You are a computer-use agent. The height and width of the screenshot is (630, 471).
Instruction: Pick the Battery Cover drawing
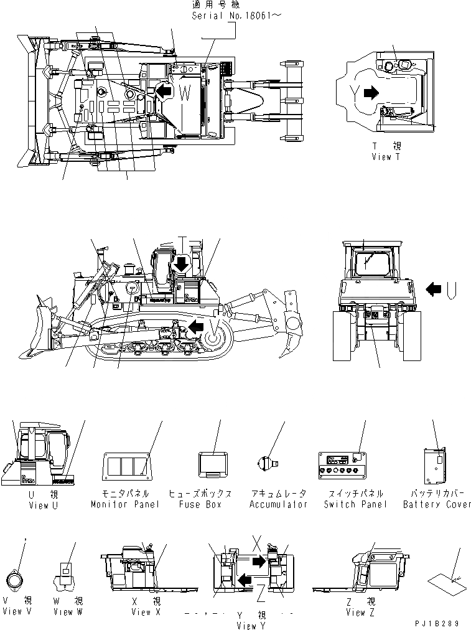click(x=434, y=466)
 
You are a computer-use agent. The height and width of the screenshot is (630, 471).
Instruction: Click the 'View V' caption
click(x=21, y=612)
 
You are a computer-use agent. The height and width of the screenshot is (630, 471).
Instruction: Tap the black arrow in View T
click(x=370, y=93)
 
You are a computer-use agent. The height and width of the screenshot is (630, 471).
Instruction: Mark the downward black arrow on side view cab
click(x=182, y=263)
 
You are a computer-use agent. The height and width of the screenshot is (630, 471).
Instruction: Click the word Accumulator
click(x=279, y=504)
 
